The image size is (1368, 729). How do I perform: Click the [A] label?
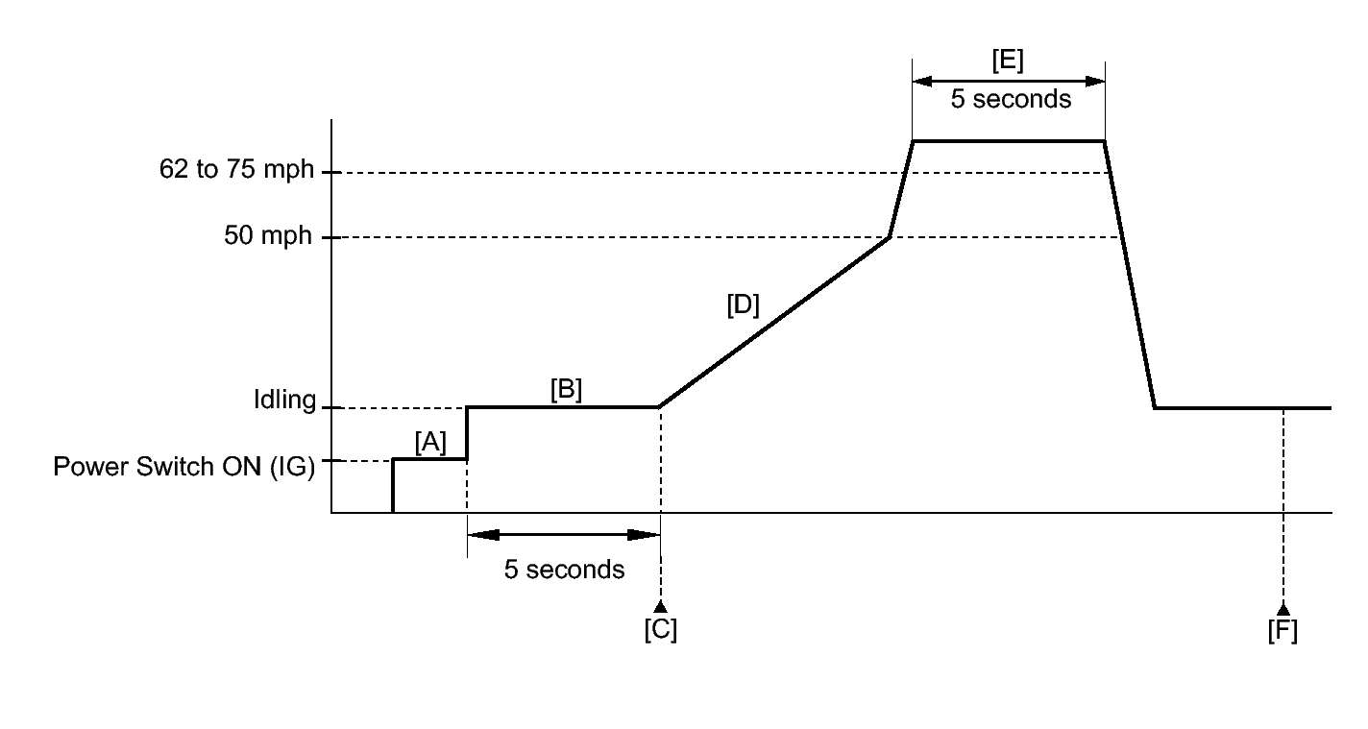[430, 443]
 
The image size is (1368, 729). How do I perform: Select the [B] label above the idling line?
[566, 390]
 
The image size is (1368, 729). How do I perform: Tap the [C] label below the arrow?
[660, 630]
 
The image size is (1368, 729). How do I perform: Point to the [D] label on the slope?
[743, 306]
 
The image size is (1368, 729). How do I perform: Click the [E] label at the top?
[1008, 61]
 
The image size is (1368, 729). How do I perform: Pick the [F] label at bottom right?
[1282, 630]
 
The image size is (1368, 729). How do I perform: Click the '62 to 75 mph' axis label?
[236, 171]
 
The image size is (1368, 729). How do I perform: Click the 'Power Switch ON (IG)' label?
[183, 467]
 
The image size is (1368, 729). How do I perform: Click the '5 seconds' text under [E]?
[1011, 99]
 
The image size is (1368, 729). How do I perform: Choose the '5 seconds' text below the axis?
[564, 570]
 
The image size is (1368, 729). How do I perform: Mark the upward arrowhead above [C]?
[660, 606]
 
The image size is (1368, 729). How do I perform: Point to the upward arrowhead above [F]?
[1282, 607]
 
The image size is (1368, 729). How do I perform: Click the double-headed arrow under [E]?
[1008, 81]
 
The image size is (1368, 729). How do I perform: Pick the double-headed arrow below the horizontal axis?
[563, 534]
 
